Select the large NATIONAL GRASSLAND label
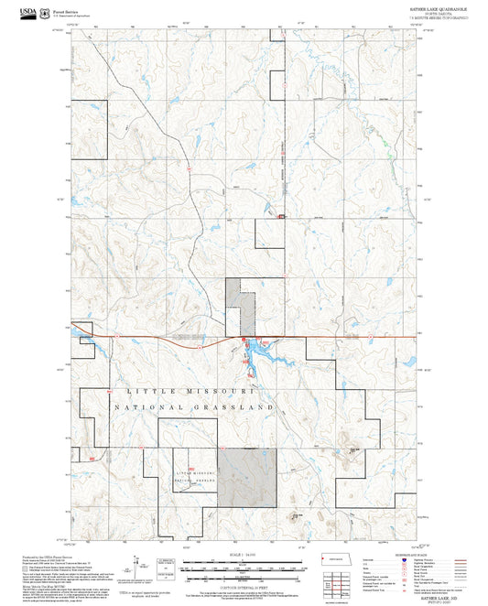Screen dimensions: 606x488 tap(195, 406)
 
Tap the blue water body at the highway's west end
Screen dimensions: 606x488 tap(84, 343)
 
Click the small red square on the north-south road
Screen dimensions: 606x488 tap(281, 216)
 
